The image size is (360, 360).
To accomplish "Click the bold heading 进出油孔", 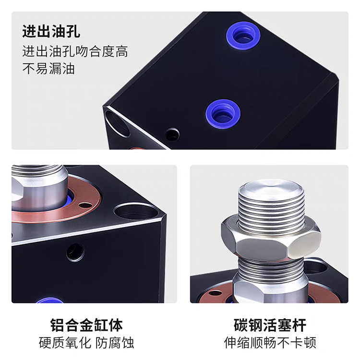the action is (x=51, y=31).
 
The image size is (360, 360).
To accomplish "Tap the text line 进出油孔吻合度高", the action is (x=75, y=51).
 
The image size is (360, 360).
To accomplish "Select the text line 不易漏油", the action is (x=48, y=69).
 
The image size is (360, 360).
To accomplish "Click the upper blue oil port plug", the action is (x=243, y=36).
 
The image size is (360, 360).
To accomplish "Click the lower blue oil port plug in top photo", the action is (x=223, y=114).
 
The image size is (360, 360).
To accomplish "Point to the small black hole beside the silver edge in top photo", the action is (x=172, y=135).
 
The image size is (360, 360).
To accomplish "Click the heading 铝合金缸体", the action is (x=86, y=325).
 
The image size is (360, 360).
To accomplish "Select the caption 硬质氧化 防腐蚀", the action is (x=86, y=343).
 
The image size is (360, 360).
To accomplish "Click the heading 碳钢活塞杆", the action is (x=270, y=325).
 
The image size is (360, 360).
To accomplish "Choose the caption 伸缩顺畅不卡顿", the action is (x=270, y=343).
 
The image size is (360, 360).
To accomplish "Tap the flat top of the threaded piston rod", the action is (x=272, y=187).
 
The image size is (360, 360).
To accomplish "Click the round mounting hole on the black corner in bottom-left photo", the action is (x=136, y=211).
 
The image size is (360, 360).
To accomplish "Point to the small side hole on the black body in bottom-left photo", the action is (x=75, y=252).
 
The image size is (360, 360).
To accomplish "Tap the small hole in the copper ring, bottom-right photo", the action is (x=215, y=293).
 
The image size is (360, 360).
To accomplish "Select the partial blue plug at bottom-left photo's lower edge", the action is (x=49, y=300).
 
